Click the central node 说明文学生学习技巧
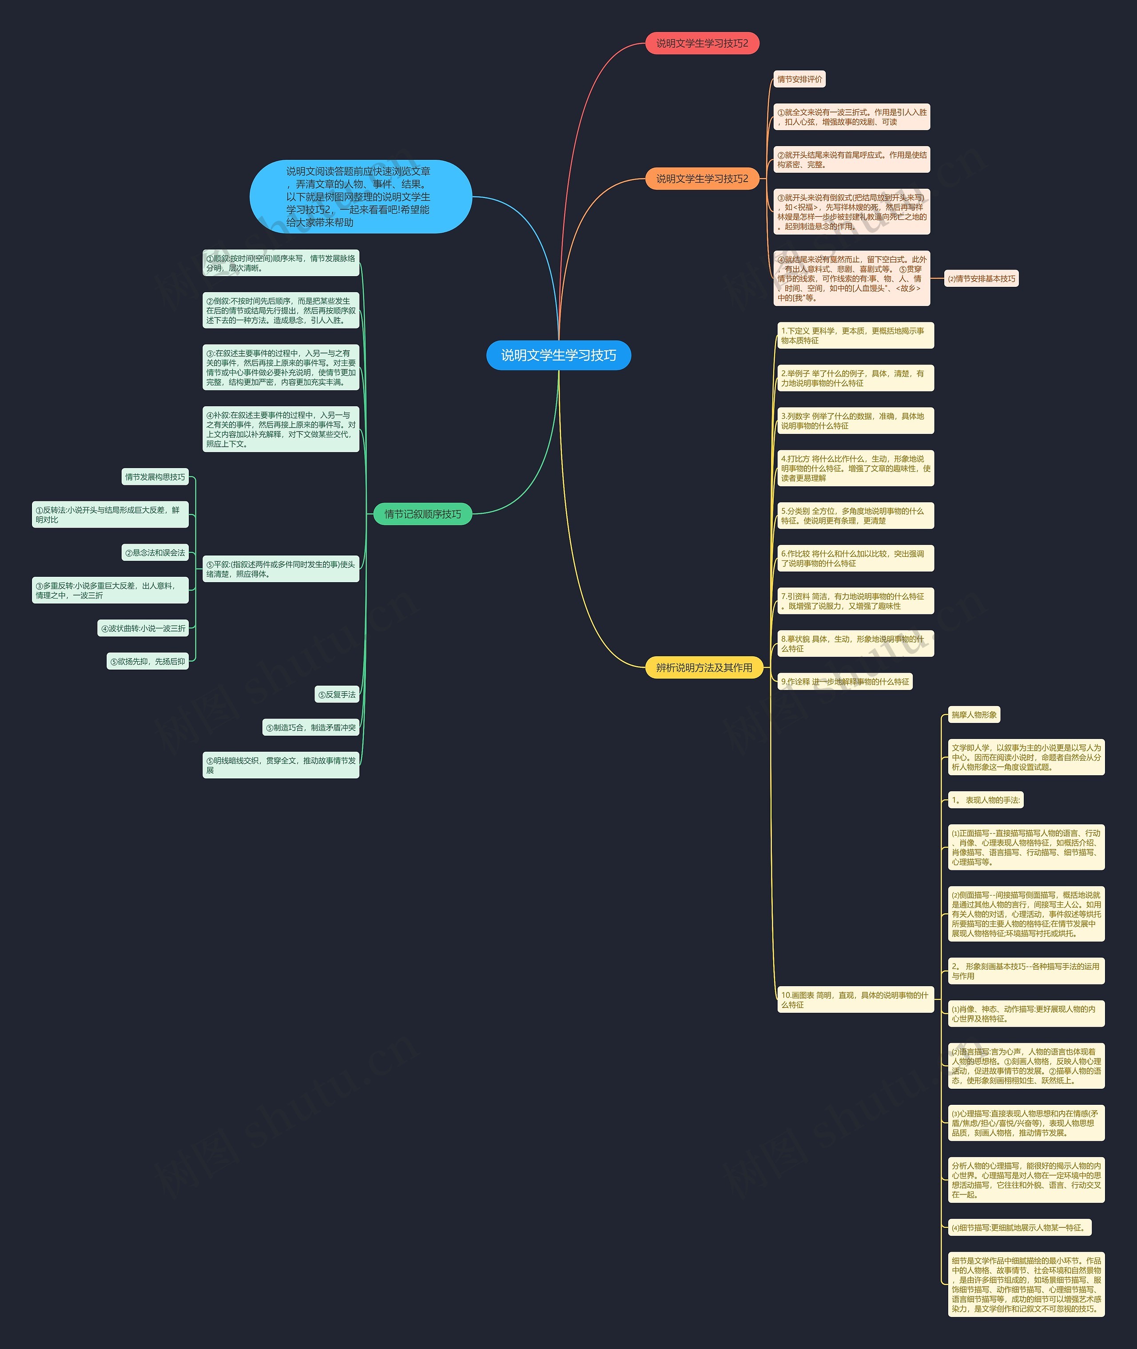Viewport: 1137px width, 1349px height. (x=558, y=355)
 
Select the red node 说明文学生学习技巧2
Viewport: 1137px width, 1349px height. (x=702, y=43)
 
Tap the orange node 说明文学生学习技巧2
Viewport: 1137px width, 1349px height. (x=702, y=179)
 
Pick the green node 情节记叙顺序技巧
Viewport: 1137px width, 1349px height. (x=423, y=514)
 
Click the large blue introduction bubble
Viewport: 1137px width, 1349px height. (x=360, y=197)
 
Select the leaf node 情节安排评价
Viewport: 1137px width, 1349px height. (x=799, y=79)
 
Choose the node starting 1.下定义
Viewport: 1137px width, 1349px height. (x=855, y=336)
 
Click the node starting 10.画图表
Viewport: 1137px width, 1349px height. (x=855, y=1000)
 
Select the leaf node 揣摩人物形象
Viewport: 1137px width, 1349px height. (x=974, y=715)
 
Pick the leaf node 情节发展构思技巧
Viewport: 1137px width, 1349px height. (x=155, y=477)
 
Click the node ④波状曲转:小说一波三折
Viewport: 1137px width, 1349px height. (x=143, y=628)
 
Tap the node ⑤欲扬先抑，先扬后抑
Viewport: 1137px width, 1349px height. (x=147, y=661)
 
